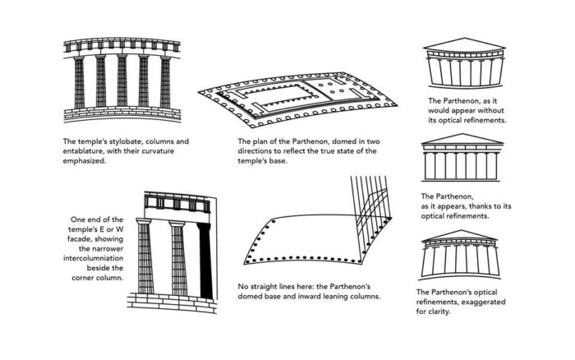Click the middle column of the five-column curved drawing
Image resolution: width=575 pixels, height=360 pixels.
coord(122,81)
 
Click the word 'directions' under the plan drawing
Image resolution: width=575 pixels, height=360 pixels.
coord(255,151)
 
